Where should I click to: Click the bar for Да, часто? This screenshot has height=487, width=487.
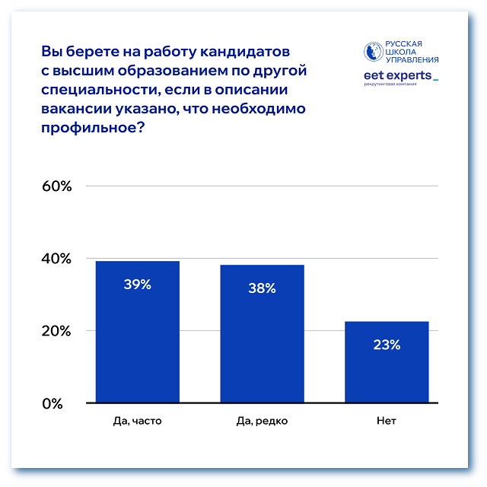point(137,332)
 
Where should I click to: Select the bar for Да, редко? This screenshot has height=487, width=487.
point(262,333)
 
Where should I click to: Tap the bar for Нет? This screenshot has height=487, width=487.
point(387,362)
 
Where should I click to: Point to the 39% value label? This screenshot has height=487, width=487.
point(137,285)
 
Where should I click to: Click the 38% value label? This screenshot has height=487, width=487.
point(262,288)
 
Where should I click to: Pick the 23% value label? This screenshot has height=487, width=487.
point(387,345)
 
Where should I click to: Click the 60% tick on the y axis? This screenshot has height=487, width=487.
point(56,186)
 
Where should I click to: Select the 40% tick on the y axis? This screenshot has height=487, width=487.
point(56,259)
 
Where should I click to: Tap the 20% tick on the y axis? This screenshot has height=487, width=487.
point(56,331)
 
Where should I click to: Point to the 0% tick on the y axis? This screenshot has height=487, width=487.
point(61,403)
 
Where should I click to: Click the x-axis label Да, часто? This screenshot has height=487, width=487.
point(137,421)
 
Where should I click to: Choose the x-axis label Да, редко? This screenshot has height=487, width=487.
point(262,421)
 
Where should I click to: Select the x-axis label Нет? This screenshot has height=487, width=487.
point(387,421)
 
